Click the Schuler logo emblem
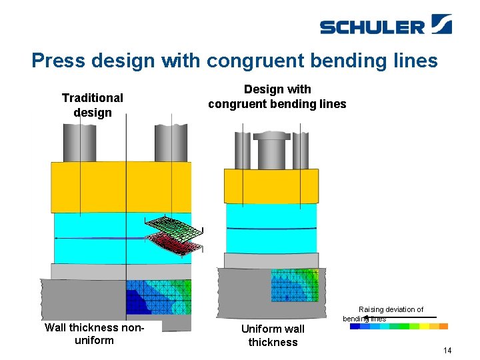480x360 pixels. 441,24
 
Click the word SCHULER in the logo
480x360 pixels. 372,27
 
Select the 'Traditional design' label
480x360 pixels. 92,105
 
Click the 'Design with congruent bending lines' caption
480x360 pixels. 277,97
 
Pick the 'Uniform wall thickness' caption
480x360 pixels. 273,335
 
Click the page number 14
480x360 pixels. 447,350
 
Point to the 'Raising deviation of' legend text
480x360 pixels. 391,309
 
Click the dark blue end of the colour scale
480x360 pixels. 355,326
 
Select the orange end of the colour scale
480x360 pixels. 443,326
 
